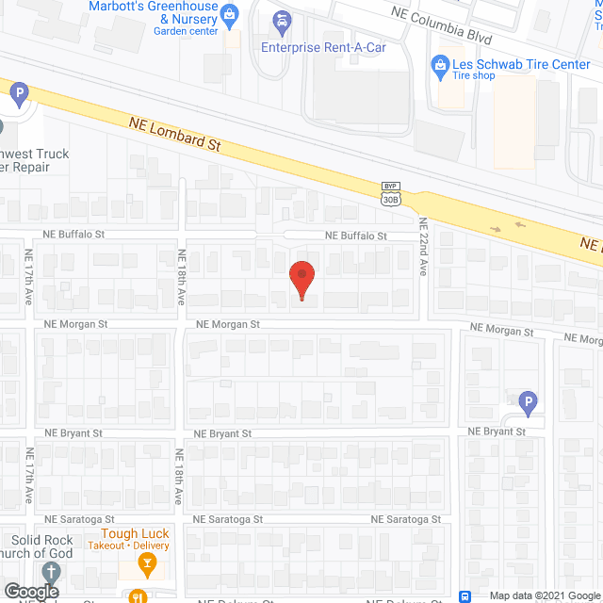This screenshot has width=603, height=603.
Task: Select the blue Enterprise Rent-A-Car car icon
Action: pos(281,21)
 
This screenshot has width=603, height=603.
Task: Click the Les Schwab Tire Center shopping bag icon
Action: pos(438,65)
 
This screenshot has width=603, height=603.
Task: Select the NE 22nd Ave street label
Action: pos(424,248)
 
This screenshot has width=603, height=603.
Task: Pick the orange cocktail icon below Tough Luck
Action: pos(146,564)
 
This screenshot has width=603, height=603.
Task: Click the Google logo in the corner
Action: pos(31,592)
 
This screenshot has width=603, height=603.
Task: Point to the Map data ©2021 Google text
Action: pos(544,595)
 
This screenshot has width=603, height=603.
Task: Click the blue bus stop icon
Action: pos(465,595)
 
